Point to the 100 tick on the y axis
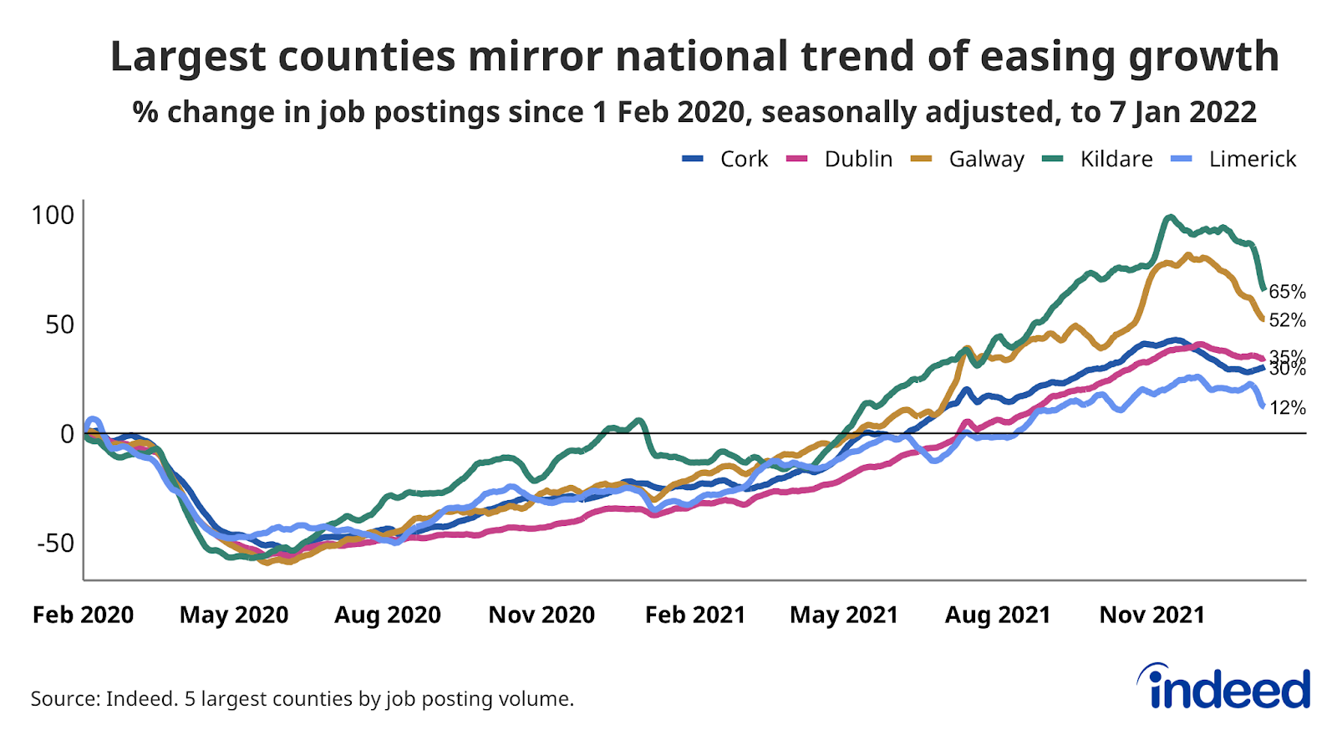pos(53,215)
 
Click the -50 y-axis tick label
pos(55,543)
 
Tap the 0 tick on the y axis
pos(67,433)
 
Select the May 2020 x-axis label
pos(234,615)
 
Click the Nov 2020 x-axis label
pos(541,615)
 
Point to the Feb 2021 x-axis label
pos(695,615)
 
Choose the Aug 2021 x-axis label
pos(998,615)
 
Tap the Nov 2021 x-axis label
pos(1152,615)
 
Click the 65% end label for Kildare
pos(1287,292)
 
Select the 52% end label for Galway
pos(1287,320)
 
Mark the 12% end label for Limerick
pos(1287,407)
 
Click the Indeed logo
pos(1224,687)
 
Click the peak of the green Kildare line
pos(1169,217)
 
